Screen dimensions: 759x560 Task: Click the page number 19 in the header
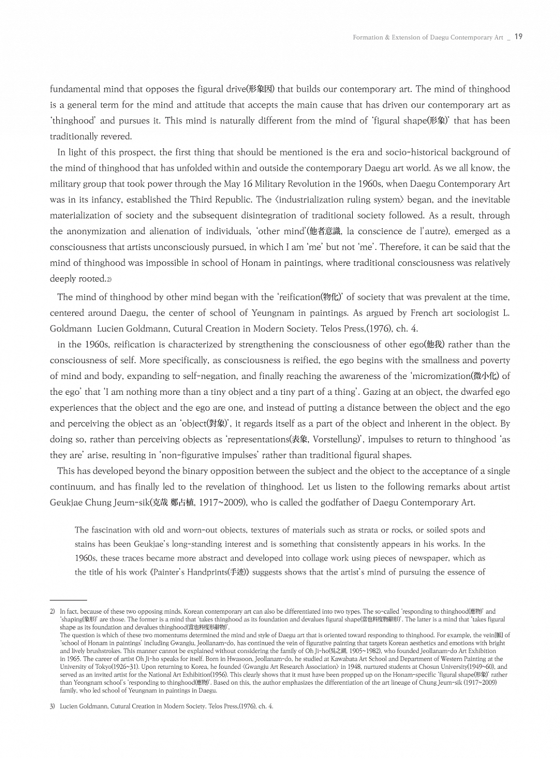coord(518,37)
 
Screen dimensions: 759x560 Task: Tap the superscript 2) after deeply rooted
coord(109,279)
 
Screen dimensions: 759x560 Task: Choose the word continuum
coord(73,487)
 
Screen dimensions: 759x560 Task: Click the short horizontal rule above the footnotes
coord(68,600)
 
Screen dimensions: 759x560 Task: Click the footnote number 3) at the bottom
coord(52,707)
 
